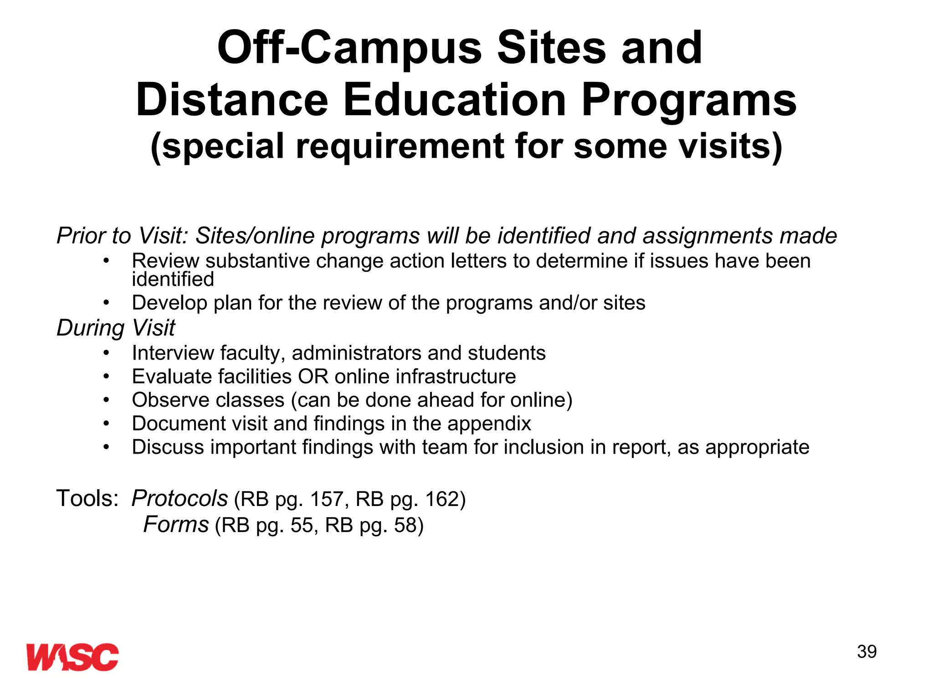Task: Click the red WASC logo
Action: pos(72,657)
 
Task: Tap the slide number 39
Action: pos(866,652)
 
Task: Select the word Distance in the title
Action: pos(232,100)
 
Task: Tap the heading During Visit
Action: pos(116,328)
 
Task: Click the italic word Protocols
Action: pos(180,498)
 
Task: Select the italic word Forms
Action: pos(176,524)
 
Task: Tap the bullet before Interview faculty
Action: pos(106,353)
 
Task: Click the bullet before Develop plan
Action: pos(106,303)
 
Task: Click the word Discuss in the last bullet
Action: pos(168,447)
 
